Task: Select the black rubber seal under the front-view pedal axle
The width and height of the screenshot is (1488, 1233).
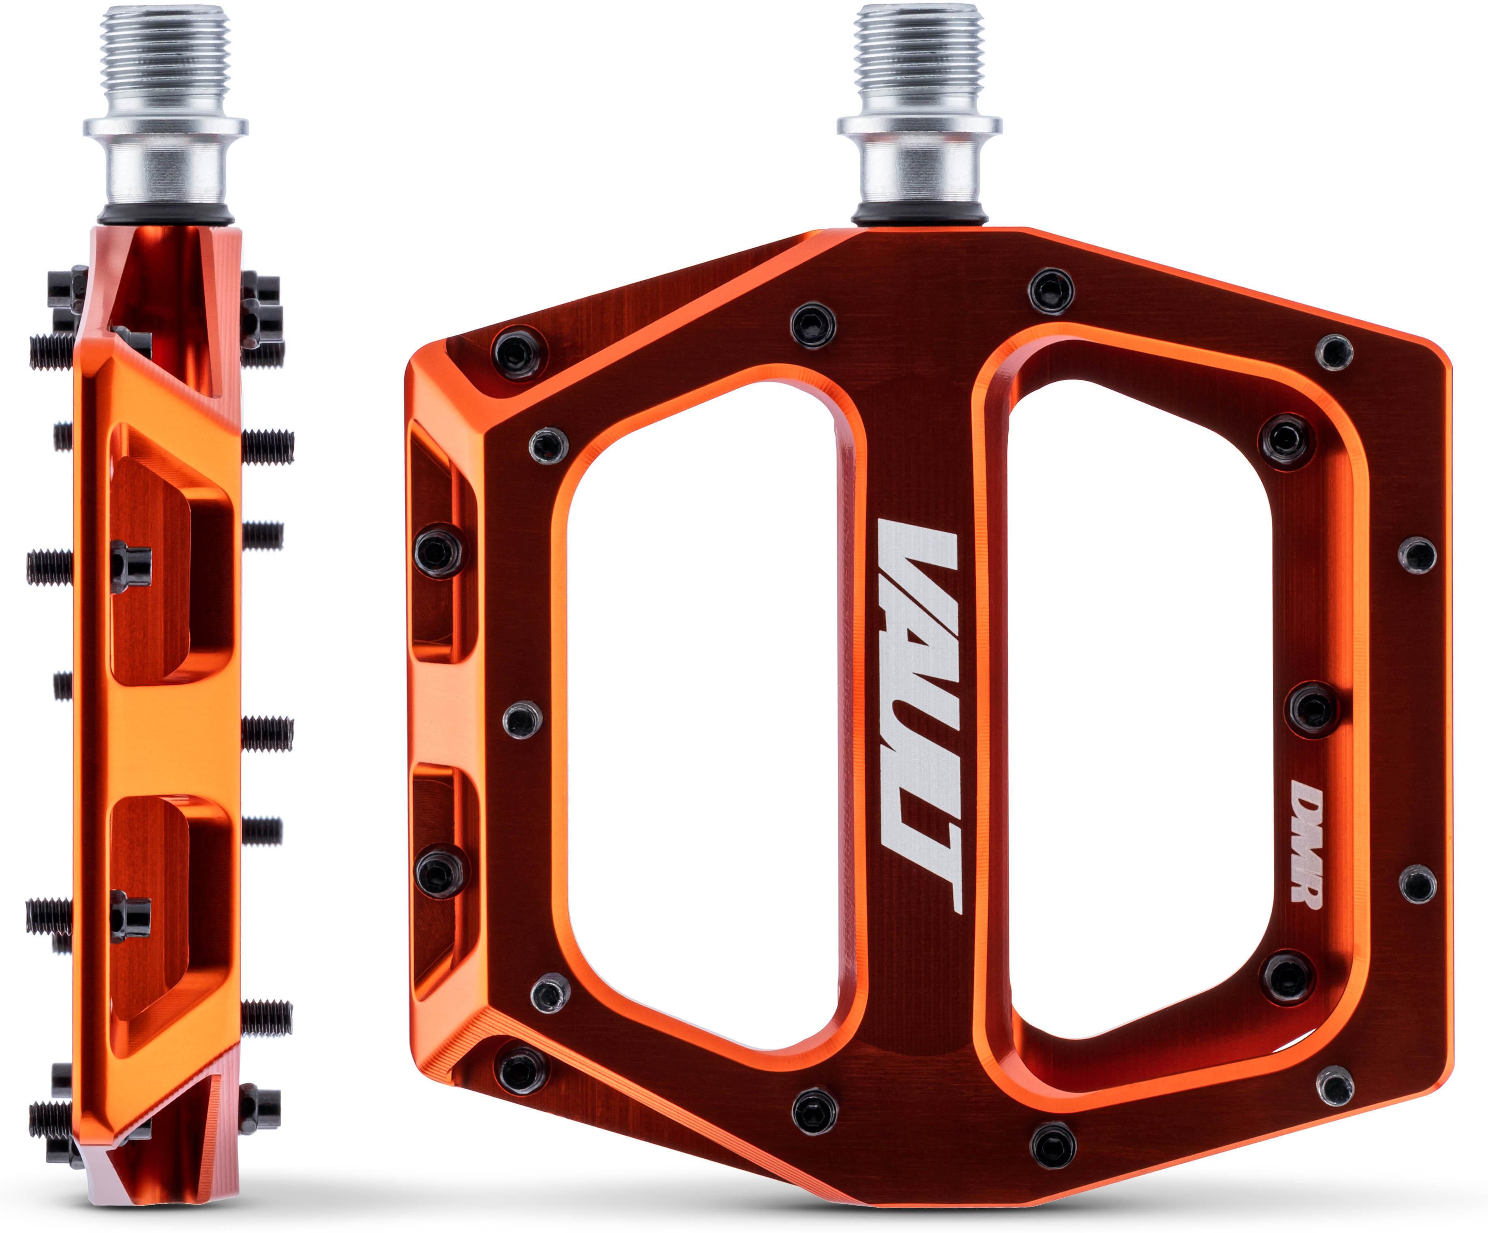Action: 919,214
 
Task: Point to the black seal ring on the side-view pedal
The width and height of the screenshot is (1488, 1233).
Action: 165,214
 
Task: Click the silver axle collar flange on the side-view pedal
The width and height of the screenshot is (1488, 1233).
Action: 165,128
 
